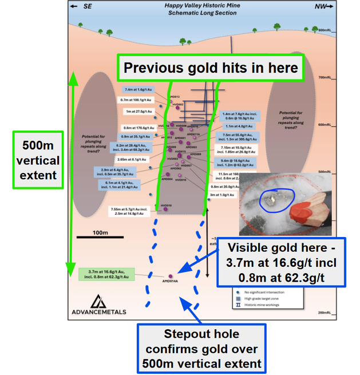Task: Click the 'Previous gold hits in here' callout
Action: click(x=211, y=68)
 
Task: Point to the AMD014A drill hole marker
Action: click(x=170, y=276)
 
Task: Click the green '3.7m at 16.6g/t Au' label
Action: click(x=106, y=274)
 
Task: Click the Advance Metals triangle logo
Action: click(x=99, y=301)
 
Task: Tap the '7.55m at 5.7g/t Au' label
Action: click(x=133, y=211)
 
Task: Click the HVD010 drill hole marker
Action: click(x=167, y=210)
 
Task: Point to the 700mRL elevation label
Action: click(x=326, y=77)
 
